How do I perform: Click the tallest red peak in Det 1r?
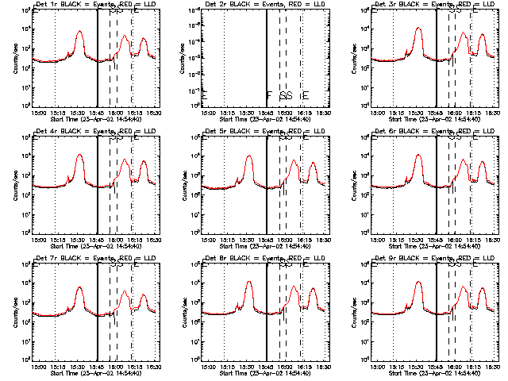tap(78, 33)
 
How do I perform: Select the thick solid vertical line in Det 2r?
tap(268, 56)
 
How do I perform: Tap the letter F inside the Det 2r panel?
tap(269, 96)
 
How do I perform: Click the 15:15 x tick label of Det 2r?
tap(228, 114)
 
